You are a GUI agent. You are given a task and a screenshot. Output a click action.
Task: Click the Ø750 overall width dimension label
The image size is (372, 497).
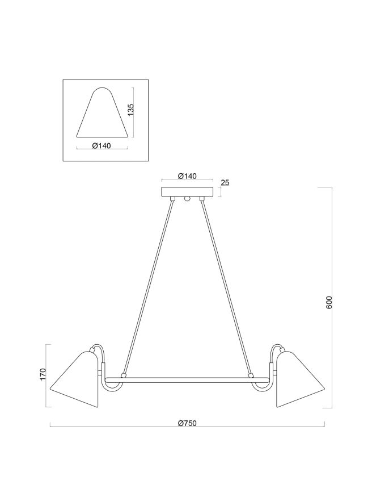(x=187, y=423)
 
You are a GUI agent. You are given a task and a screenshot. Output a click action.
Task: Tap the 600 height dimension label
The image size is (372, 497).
(x=329, y=302)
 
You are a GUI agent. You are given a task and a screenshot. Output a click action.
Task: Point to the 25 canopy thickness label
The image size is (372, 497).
(x=225, y=182)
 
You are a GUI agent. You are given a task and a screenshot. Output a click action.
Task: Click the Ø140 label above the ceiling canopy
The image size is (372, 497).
(x=187, y=176)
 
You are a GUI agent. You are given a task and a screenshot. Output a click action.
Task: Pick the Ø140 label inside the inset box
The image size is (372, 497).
(x=100, y=146)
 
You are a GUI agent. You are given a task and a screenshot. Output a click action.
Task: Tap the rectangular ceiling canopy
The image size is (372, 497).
(x=187, y=191)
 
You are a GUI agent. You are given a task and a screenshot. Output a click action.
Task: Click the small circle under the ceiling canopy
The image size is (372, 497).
(x=187, y=199)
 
